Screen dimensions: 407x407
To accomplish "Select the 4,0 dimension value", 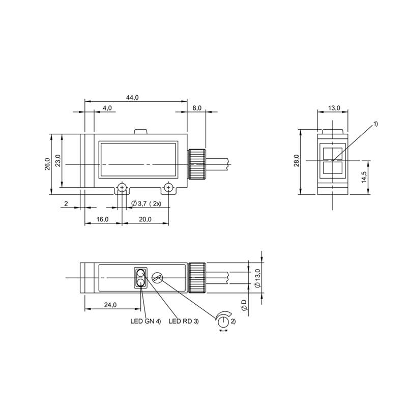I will [x=107, y=108].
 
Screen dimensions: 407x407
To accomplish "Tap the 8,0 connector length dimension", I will [x=197, y=108].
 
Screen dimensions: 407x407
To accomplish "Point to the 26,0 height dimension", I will [x=47, y=164].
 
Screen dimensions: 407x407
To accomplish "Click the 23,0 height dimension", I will [x=57, y=161].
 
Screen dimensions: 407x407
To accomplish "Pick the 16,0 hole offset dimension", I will [x=102, y=219].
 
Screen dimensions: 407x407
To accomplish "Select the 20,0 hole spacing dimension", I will [x=145, y=219].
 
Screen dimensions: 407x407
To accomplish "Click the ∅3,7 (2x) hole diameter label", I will [x=146, y=203].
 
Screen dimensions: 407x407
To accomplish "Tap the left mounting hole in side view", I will [x=122, y=188].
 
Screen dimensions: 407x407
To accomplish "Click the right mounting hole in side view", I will [x=168, y=188].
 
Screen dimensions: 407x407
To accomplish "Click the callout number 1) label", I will [x=376, y=124].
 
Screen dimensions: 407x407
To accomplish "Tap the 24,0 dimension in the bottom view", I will [x=110, y=305].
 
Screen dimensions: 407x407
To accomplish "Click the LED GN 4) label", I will [x=146, y=321].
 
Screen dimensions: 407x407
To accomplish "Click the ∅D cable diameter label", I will [x=244, y=305].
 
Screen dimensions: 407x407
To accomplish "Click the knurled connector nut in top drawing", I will [x=196, y=164].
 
